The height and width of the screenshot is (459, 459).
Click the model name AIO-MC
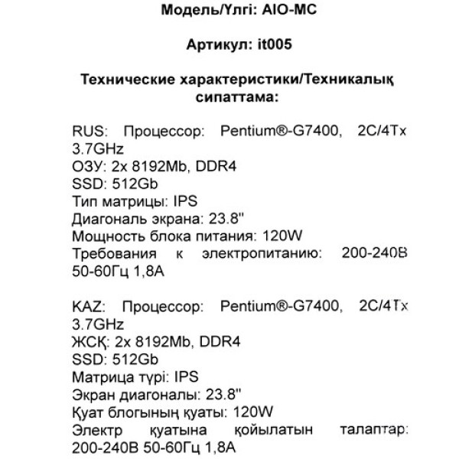click(268, 11)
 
